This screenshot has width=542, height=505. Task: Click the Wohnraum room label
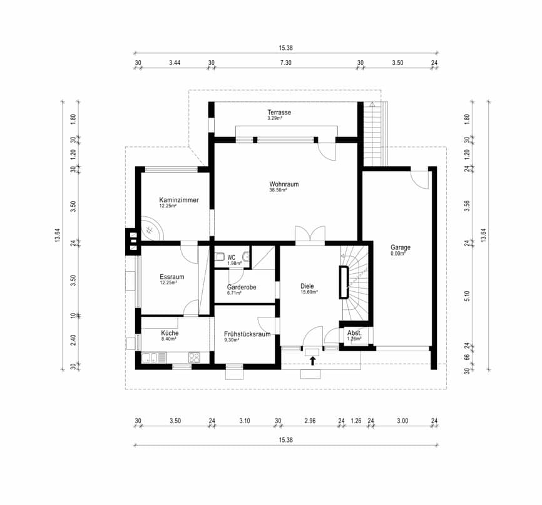(284, 184)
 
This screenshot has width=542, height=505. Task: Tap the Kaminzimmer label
(179, 200)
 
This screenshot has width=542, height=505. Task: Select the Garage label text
(401, 247)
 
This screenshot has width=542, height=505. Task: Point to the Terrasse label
(279, 112)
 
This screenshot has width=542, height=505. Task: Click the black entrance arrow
(312, 361)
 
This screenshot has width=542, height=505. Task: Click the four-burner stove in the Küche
(194, 357)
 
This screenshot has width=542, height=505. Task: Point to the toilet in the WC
(219, 257)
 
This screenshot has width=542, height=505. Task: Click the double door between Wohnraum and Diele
(310, 236)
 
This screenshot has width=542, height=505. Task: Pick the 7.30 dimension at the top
(285, 63)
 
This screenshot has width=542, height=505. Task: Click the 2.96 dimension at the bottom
(310, 421)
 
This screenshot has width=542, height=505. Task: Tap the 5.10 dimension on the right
(467, 296)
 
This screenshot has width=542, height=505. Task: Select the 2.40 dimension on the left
(73, 339)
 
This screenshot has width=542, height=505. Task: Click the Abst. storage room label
(354, 333)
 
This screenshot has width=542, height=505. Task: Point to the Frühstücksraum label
(247, 334)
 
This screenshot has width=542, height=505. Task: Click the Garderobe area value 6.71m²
(234, 293)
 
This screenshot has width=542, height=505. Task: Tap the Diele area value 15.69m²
(309, 292)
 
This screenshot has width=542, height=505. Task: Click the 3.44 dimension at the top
(175, 63)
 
